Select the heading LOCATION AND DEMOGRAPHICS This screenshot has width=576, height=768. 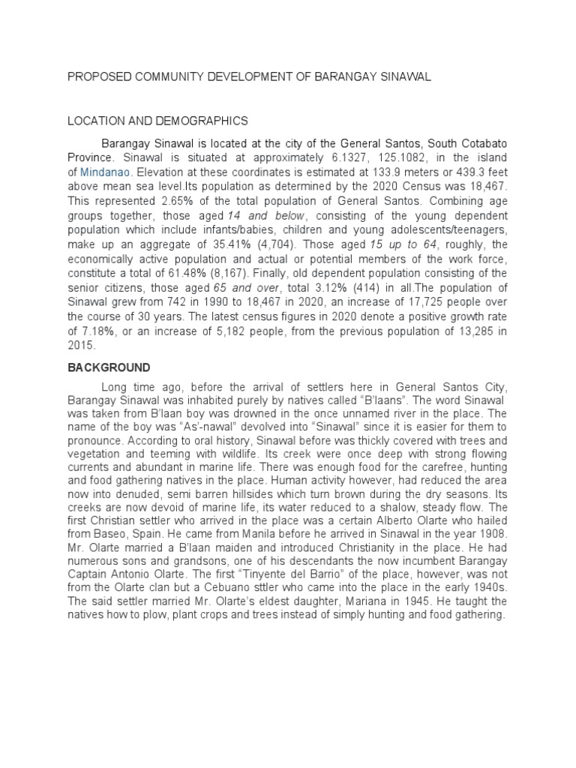pyautogui.click(x=157, y=120)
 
